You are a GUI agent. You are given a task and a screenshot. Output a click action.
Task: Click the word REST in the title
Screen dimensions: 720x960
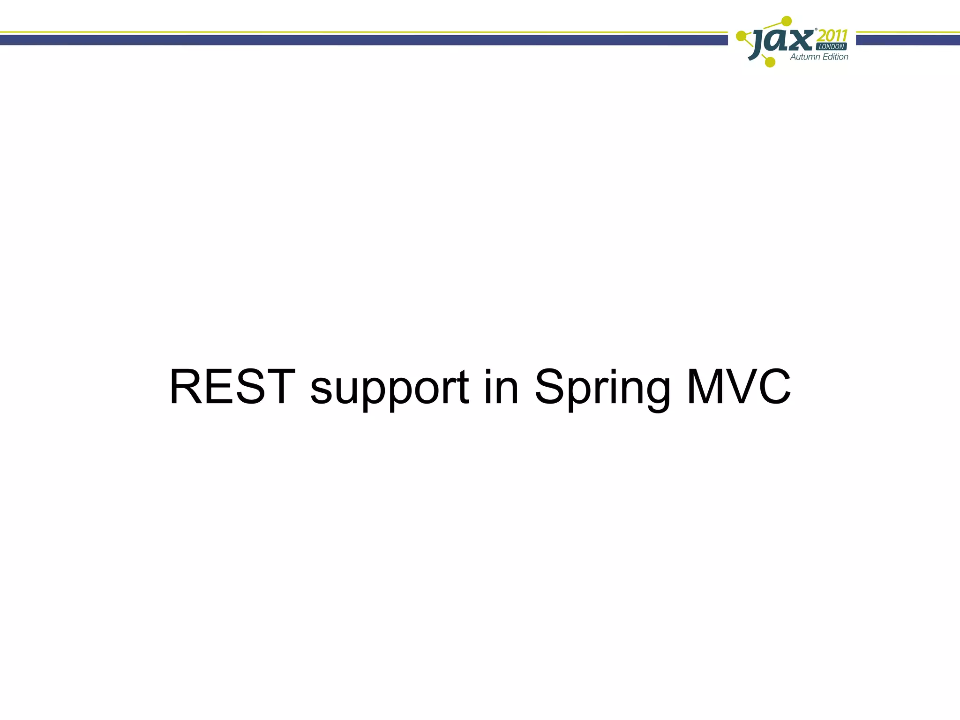(232, 387)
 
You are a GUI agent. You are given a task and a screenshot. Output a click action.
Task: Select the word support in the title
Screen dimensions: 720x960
(389, 389)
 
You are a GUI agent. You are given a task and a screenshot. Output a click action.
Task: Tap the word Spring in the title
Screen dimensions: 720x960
(603, 389)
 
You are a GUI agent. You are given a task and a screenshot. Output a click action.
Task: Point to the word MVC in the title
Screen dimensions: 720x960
(739, 387)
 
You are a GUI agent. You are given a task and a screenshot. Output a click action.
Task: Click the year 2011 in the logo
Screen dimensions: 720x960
(832, 36)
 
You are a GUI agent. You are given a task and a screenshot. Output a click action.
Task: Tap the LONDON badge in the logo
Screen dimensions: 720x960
(832, 47)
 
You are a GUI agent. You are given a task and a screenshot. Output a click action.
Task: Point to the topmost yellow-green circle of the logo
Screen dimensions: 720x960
(787, 21)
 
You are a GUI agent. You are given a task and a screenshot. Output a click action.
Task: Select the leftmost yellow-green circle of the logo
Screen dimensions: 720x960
(741, 36)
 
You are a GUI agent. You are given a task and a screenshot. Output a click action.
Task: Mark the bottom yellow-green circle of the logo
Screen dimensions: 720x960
(770, 62)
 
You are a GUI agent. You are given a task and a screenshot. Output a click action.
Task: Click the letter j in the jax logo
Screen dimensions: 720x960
(758, 43)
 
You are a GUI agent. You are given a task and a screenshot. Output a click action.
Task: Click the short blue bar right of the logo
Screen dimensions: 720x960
(907, 40)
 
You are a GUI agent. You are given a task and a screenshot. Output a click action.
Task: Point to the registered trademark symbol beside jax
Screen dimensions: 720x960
(816, 30)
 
